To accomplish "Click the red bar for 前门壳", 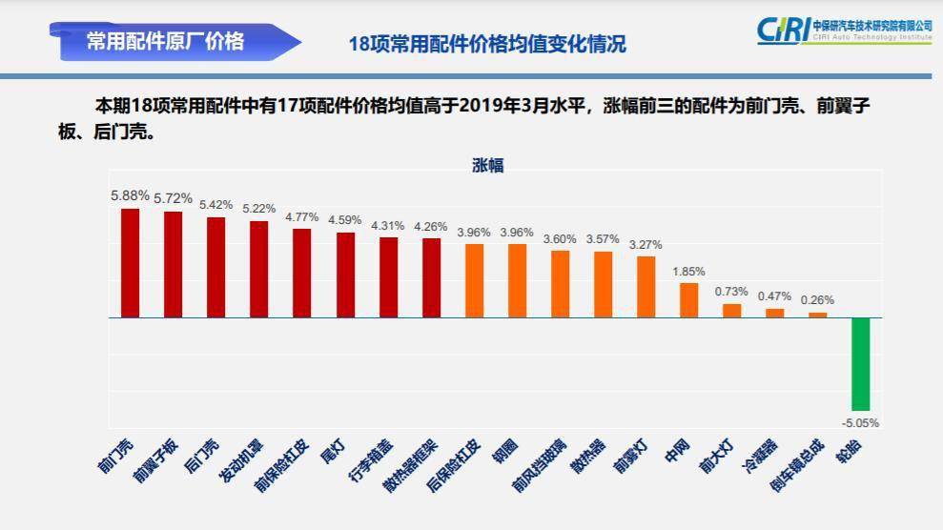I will click(130, 262).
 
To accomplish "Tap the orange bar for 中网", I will click(688, 299).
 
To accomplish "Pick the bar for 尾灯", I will click(345, 275).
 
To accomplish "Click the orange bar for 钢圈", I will click(517, 280).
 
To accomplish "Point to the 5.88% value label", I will click(130, 195).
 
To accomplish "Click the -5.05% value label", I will click(860, 422).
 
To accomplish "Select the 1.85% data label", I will click(688, 271).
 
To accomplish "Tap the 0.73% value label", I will click(731, 292).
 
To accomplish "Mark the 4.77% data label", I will click(301, 216).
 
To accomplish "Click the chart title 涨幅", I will click(487, 166).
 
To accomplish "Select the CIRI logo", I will click(844, 31).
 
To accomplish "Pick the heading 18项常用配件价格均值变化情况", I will click(487, 44).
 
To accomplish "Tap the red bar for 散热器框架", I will click(431, 277).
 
